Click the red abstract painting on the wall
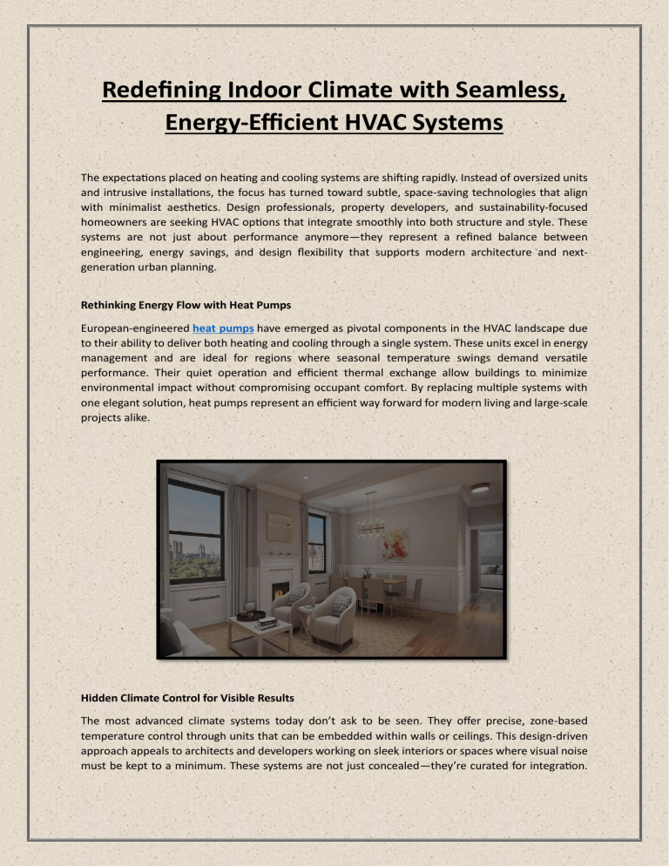tap(395, 545)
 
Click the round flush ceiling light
tap(480, 488)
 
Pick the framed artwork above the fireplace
tap(280, 527)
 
